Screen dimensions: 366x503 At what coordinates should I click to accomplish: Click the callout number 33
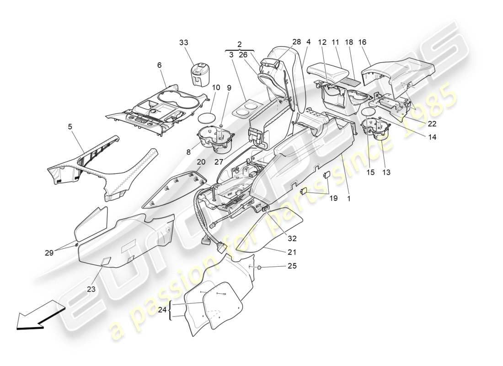pyautogui.click(x=183, y=43)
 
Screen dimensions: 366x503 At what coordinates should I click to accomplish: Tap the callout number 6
pyautogui.click(x=160, y=65)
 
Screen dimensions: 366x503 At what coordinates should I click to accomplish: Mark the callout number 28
pyautogui.click(x=297, y=42)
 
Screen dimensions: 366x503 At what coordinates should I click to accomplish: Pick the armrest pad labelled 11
pyautogui.click(x=329, y=72)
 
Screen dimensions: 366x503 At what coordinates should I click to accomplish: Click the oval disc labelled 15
pyautogui.click(x=369, y=112)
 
